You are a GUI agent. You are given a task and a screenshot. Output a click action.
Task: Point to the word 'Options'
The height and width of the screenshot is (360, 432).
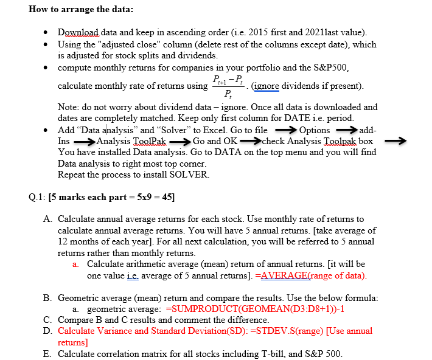(315, 130)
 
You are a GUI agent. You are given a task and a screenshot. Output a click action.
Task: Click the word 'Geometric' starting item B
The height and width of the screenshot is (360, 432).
(78, 297)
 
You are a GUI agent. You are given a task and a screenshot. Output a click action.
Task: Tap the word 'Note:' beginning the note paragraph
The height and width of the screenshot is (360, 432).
(69, 107)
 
